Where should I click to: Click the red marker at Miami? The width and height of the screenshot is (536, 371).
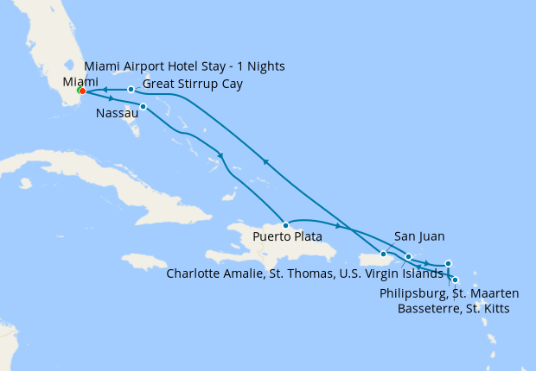click(82, 91)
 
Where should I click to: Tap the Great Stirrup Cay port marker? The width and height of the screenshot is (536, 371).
click(131, 89)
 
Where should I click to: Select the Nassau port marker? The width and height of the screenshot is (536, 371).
click(143, 106)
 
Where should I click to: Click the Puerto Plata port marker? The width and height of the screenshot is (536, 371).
click(285, 225)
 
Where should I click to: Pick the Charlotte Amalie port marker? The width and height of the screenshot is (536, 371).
click(408, 257)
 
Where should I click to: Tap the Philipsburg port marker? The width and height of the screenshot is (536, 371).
click(448, 263)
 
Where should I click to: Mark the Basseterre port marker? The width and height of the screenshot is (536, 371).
click(455, 280)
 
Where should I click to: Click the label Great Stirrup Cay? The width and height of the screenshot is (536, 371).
click(192, 84)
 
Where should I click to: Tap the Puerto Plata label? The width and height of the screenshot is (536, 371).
click(287, 236)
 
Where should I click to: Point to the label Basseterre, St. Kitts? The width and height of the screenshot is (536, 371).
click(453, 308)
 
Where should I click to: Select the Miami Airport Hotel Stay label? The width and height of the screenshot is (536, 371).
click(184, 66)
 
